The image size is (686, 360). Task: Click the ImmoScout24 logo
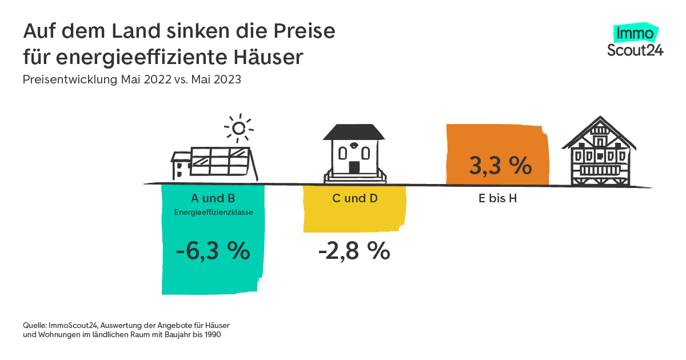pyautogui.click(x=635, y=41)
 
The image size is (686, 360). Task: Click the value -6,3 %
pyautogui.click(x=213, y=251)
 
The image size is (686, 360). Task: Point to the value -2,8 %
pyautogui.click(x=354, y=251)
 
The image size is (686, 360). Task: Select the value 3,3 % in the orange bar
pyautogui.click(x=500, y=166)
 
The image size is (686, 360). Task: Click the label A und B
pyautogui.click(x=213, y=198)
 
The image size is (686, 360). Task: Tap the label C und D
pyautogui.click(x=354, y=198)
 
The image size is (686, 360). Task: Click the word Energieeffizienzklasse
pyautogui.click(x=213, y=213)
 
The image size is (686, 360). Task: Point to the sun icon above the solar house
pyautogui.click(x=239, y=128)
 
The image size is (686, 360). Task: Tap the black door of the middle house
pyautogui.click(x=354, y=167)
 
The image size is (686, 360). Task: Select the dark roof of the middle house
pyautogui.click(x=354, y=132)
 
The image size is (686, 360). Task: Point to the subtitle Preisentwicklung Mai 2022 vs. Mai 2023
pyautogui.click(x=132, y=80)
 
